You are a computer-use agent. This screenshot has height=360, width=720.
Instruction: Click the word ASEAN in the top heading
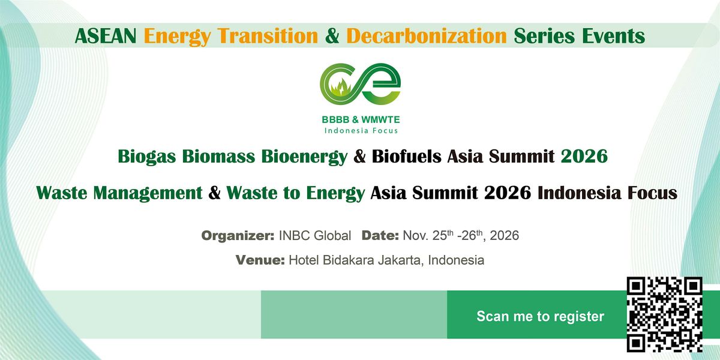pyautogui.click(x=106, y=35)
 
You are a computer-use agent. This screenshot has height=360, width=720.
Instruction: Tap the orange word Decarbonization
pyautogui.click(x=427, y=35)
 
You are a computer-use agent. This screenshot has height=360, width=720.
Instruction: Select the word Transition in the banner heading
pyautogui.click(x=268, y=35)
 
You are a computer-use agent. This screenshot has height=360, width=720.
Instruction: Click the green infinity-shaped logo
pyautogui.click(x=361, y=84)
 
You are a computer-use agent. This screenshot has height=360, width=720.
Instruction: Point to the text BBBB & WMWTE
pyautogui.click(x=361, y=119)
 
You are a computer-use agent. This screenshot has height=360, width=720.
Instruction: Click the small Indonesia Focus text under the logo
pyautogui.click(x=361, y=131)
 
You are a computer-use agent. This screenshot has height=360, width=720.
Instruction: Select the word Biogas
pyautogui.click(x=147, y=157)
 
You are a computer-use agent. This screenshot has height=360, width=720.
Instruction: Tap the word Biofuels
pyautogui.click(x=407, y=157)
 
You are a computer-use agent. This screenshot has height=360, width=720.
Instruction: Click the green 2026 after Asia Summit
pyautogui.click(x=584, y=157)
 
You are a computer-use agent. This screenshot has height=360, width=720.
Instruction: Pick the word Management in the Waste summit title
pyautogui.click(x=148, y=193)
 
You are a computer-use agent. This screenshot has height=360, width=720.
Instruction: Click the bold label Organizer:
pyautogui.click(x=238, y=236)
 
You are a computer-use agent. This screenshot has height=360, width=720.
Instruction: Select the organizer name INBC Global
pyautogui.click(x=314, y=236)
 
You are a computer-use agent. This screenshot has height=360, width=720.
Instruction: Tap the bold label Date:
pyautogui.click(x=380, y=236)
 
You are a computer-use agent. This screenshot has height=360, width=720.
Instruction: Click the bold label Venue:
pyautogui.click(x=260, y=260)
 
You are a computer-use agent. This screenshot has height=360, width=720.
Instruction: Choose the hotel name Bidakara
pyautogui.click(x=349, y=260)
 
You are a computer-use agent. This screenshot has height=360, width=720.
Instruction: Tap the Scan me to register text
pyautogui.click(x=541, y=316)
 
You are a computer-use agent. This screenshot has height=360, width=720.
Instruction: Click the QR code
pyautogui.click(x=664, y=314)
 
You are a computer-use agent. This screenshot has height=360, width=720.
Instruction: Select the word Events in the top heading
pyautogui.click(x=614, y=35)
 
